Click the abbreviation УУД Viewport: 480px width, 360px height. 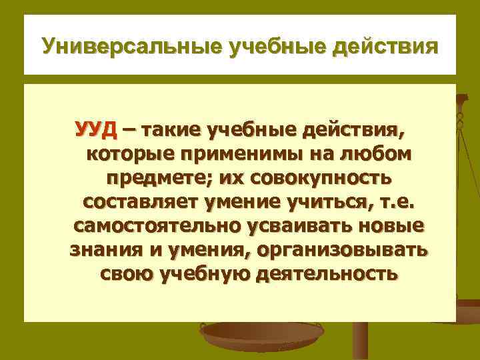point(95,129)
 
